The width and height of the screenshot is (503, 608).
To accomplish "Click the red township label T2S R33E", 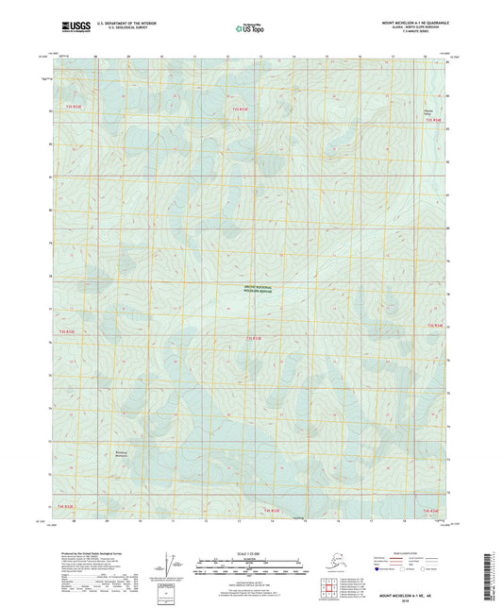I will tap(241, 110).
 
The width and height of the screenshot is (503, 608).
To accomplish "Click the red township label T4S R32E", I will tap(66, 506).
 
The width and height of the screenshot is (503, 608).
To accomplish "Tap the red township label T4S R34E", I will tap(432, 509).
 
